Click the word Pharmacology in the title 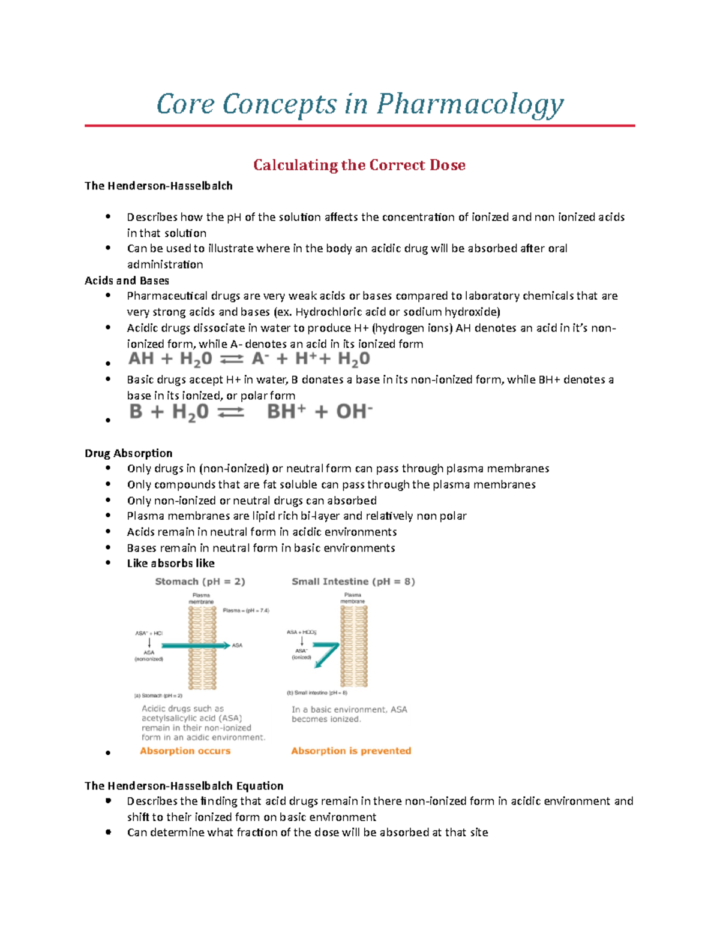coord(470,104)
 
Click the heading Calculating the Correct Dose coord(359,165)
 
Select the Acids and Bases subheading coord(127,281)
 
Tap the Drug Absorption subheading coord(128,453)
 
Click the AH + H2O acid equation coord(248,359)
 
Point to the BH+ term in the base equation coord(286,412)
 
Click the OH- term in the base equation coord(354,412)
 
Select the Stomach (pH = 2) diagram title coord(200,582)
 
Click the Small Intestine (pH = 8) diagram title coord(353,582)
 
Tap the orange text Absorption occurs coord(185,751)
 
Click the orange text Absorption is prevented coord(351,751)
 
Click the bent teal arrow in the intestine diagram coord(327,653)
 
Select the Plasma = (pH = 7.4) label coord(246,610)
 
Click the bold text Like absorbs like coord(170,563)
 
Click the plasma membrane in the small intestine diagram coord(354,665)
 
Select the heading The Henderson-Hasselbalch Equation coord(184,785)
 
